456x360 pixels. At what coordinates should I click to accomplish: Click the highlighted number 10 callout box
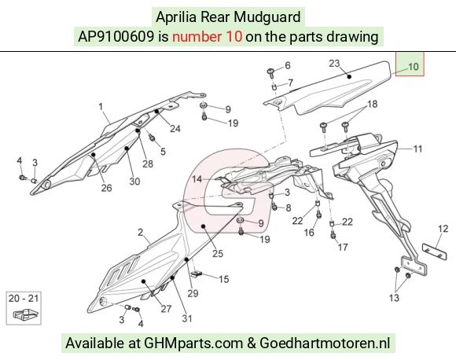tap(410, 64)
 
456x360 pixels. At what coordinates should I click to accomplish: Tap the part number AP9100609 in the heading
tap(116, 37)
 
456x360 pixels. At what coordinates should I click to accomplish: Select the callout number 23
tap(334, 63)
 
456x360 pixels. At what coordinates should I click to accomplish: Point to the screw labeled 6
tap(271, 72)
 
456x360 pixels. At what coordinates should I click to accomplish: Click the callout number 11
tap(417, 149)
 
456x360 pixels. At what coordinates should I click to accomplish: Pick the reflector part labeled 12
tap(435, 252)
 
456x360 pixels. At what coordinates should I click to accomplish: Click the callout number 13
tap(394, 298)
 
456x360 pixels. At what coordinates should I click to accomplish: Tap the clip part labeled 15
tap(197, 274)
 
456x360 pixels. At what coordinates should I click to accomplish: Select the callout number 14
tap(197, 179)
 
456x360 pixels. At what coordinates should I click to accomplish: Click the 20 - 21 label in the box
tap(24, 299)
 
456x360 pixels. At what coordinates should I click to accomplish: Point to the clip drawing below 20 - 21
tap(26, 314)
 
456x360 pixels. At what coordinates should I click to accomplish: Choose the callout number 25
tap(218, 254)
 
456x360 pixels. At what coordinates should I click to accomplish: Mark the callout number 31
tap(187, 318)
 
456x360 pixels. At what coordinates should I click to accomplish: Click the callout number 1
tap(101, 107)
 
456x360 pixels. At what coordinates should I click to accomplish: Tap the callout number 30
tap(134, 182)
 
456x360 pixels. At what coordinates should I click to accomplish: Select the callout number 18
tap(372, 104)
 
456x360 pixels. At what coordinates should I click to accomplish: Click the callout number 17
tap(343, 247)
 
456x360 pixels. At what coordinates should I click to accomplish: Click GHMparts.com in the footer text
tap(193, 343)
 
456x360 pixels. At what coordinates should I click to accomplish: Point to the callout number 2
tap(141, 233)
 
